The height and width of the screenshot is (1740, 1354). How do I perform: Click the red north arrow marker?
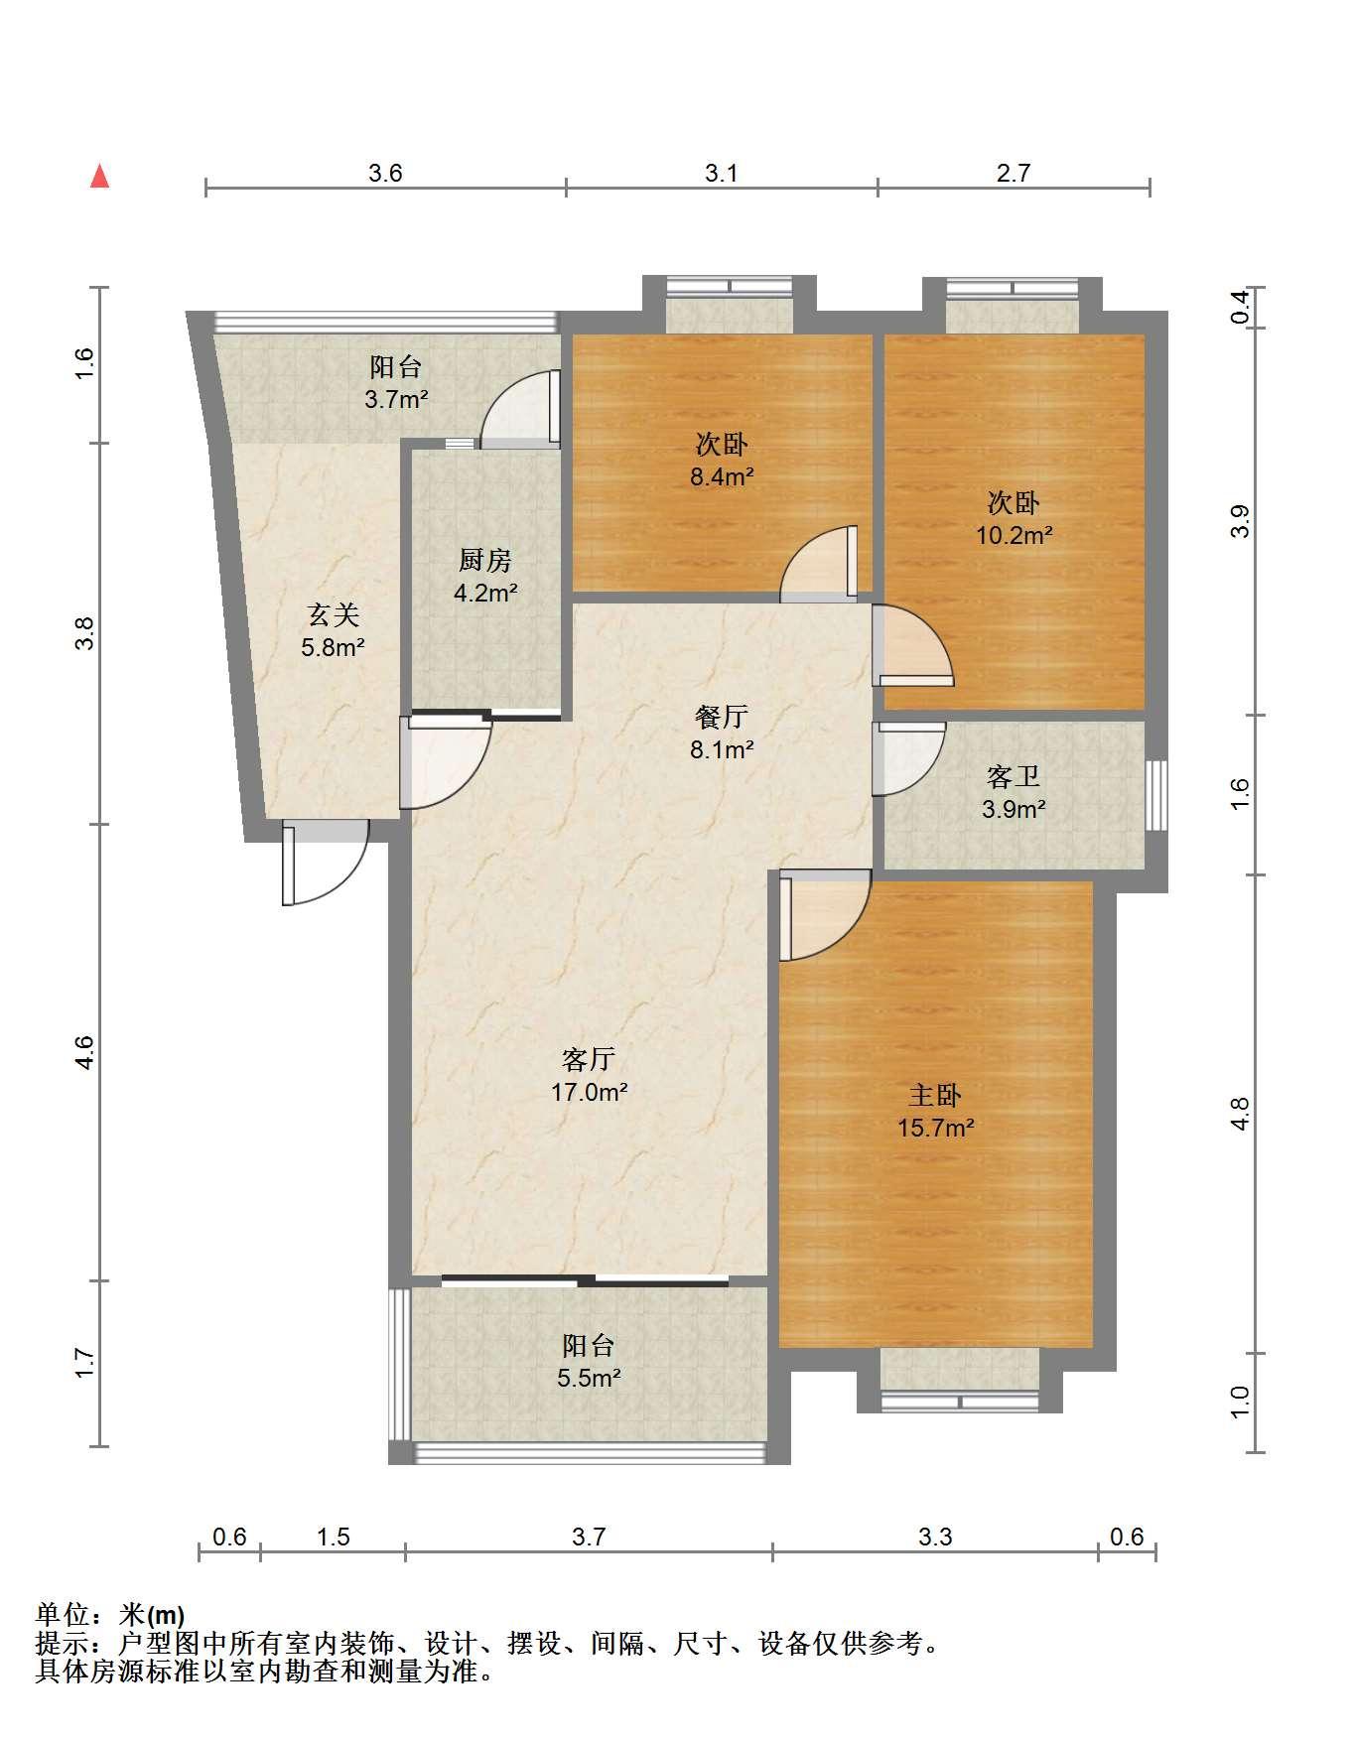[99, 177]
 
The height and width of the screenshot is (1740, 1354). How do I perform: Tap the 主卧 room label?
[935, 1096]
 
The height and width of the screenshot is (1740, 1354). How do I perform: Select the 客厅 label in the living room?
[588, 1060]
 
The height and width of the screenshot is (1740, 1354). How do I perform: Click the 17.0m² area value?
[590, 1093]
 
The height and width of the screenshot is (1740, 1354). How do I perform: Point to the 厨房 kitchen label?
[484, 561]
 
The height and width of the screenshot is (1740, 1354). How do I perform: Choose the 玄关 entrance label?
[333, 615]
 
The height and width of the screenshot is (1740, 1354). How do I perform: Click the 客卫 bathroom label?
[1014, 776]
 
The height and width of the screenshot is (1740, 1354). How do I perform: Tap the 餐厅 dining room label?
[722, 717]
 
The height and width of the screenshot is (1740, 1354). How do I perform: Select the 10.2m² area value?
[1014, 536]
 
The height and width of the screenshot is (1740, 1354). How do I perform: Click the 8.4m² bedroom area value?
[722, 477]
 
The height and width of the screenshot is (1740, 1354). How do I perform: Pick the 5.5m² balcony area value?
[590, 1378]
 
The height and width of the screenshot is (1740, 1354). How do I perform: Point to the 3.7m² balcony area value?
[396, 400]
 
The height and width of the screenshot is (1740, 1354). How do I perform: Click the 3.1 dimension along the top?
[722, 174]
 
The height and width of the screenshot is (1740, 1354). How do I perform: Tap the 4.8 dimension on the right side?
[1240, 1114]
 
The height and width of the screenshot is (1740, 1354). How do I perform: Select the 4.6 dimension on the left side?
[85, 1052]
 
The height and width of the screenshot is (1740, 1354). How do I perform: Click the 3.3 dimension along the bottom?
[935, 1538]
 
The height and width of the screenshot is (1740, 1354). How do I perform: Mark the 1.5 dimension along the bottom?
[334, 1538]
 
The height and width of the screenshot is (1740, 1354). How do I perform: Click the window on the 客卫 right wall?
[1155, 795]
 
